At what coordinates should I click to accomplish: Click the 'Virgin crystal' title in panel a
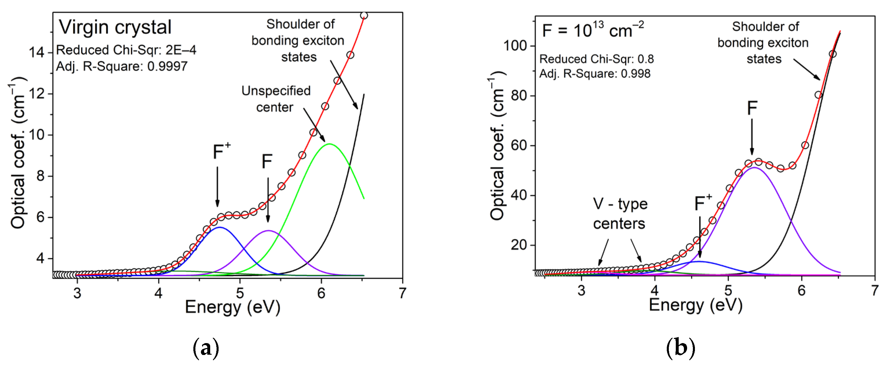click(115, 27)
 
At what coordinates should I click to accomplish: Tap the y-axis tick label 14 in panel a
click(37, 53)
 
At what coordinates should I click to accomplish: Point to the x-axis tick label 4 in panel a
click(158, 293)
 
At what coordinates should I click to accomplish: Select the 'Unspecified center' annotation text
click(275, 99)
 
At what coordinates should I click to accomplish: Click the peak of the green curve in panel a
click(330, 144)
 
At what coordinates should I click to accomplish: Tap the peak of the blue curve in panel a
click(219, 227)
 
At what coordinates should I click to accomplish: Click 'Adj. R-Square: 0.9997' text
click(122, 66)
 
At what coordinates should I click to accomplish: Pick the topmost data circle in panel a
click(364, 16)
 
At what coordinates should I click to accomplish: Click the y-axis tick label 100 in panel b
click(516, 46)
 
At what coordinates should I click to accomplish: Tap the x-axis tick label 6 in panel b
click(801, 291)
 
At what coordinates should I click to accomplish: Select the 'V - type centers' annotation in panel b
click(620, 214)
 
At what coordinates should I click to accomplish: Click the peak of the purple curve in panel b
click(755, 168)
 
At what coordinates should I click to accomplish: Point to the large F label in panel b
click(752, 108)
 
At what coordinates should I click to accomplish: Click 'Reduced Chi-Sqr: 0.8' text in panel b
click(596, 59)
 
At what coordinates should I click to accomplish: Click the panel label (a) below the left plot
click(206, 348)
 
